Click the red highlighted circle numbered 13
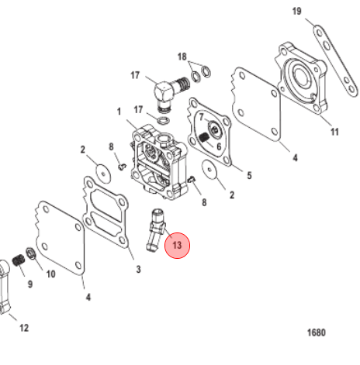point(178,245)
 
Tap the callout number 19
point(296,11)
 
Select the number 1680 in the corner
point(317,332)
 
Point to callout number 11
point(334,132)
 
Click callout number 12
point(24,328)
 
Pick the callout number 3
point(138,270)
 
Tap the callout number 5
point(249,176)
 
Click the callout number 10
point(51,274)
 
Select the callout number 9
point(30,284)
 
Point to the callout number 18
point(182,57)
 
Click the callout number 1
point(119,112)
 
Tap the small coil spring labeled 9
point(19,260)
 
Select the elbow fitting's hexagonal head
point(164,91)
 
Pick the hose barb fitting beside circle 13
point(156,229)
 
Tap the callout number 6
point(219,146)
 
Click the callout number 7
point(202,117)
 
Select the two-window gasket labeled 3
point(106,212)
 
